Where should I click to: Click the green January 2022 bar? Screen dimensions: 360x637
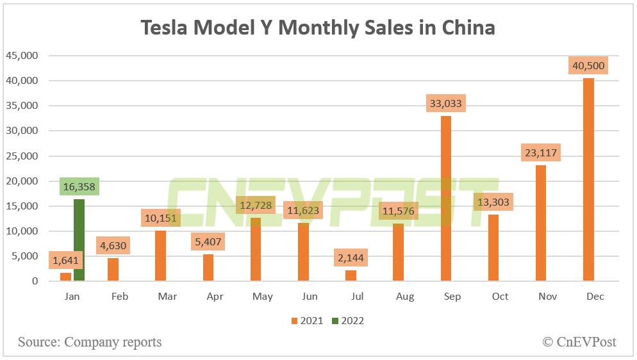tap(79, 240)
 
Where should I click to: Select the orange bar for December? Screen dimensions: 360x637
tap(588, 179)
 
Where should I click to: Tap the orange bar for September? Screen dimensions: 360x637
tap(445, 199)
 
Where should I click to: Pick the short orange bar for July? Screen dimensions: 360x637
tap(351, 275)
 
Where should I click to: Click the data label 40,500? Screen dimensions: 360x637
tap(588, 65)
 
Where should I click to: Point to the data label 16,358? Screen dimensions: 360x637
tap(80, 186)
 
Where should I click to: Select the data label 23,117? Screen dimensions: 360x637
tap(540, 152)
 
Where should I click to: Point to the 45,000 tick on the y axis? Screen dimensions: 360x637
tap(22, 56)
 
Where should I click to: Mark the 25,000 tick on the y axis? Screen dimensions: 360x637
tap(22, 156)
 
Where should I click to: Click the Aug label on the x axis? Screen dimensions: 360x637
tap(405, 297)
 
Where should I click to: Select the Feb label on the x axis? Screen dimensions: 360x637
tap(120, 297)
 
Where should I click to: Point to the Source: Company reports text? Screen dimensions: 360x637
tap(90, 342)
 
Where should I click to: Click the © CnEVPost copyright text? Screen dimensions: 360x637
tap(579, 342)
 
